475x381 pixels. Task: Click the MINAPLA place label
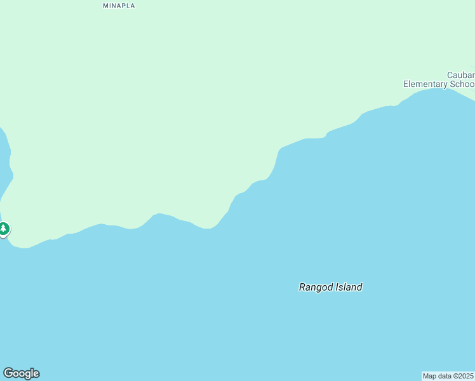click(x=119, y=6)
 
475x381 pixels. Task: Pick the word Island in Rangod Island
click(x=349, y=287)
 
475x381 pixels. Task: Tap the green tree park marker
click(x=4, y=229)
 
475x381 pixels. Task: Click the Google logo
click(x=21, y=373)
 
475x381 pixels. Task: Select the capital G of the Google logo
click(x=8, y=373)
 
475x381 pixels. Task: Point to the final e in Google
click(x=36, y=374)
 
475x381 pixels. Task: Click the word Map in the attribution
click(x=430, y=376)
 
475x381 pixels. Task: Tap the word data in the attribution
click(x=444, y=376)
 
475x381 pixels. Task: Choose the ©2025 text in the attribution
click(x=463, y=376)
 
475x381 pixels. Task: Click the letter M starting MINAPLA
click(x=105, y=6)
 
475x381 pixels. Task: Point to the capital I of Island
click(x=337, y=287)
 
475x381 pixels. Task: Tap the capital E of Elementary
click(x=406, y=84)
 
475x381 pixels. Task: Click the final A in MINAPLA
click(x=132, y=6)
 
